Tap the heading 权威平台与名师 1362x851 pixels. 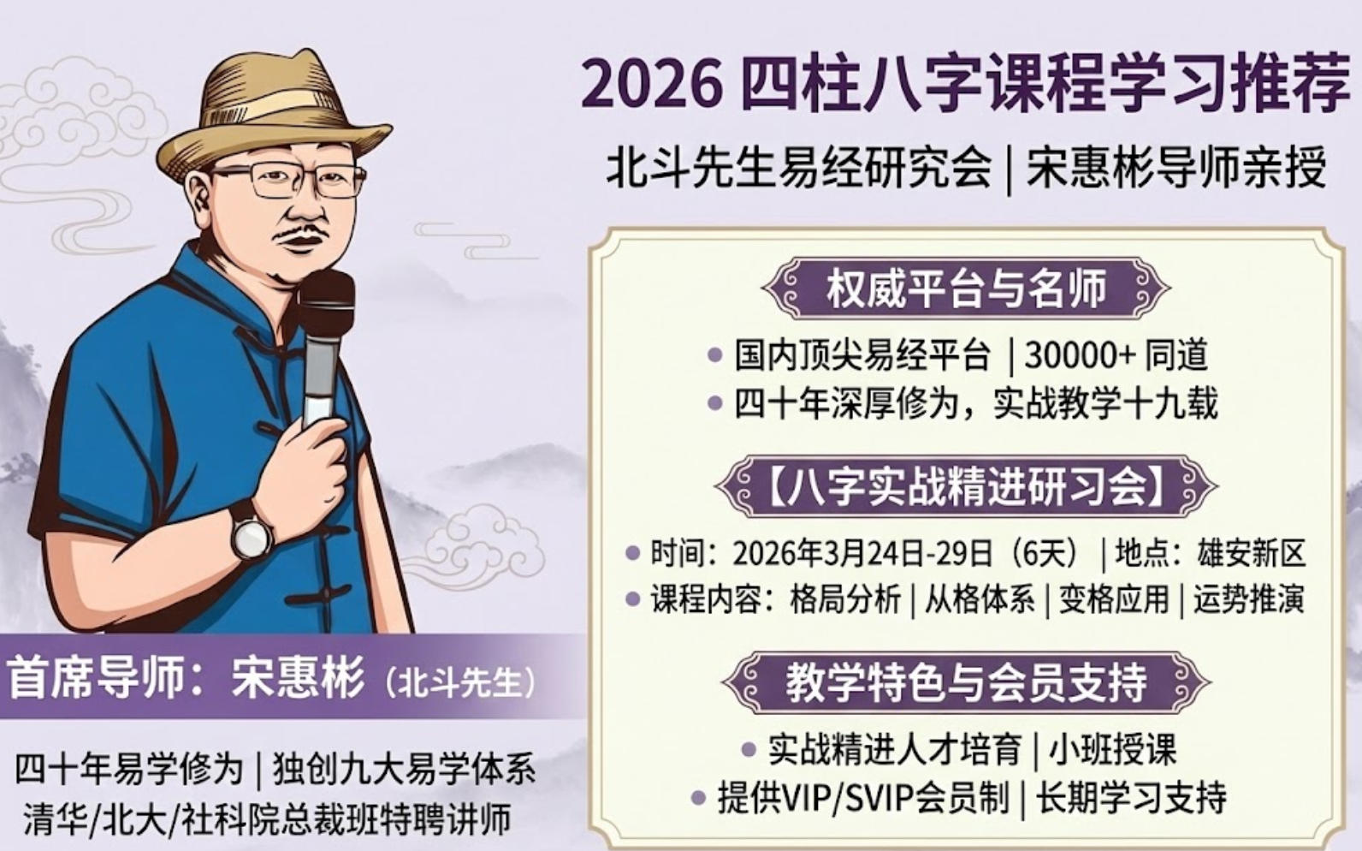click(966, 289)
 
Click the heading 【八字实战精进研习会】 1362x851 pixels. click(966, 487)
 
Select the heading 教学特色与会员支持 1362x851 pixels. click(966, 682)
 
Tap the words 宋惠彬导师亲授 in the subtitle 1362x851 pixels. click(1176, 167)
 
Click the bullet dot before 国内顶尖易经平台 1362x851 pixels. click(715, 355)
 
